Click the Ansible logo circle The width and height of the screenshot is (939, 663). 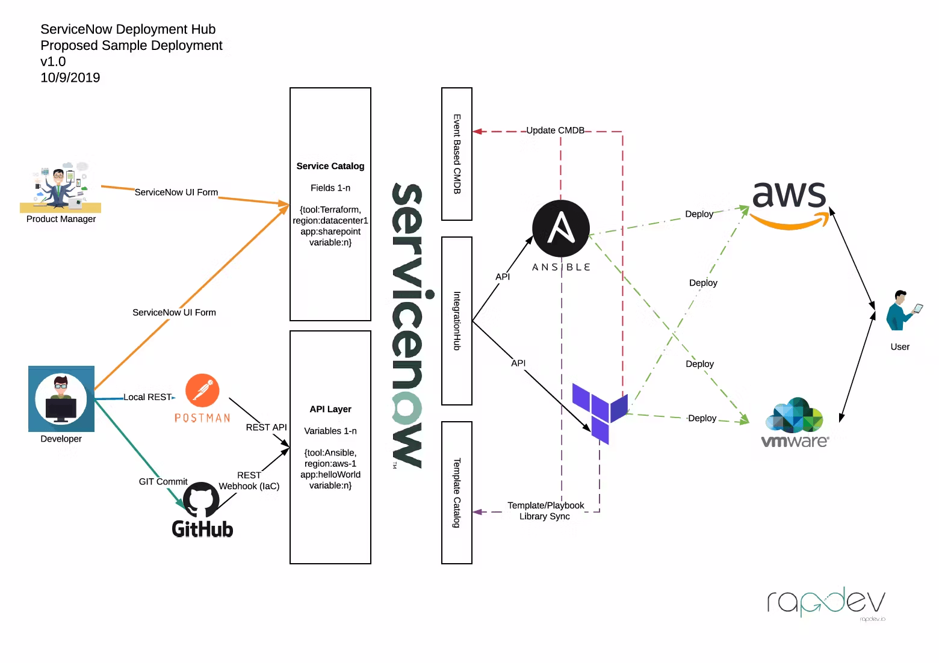click(560, 229)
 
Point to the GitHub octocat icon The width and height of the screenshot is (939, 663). click(201, 500)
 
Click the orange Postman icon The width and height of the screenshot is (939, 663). click(202, 390)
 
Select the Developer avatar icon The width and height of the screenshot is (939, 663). click(61, 399)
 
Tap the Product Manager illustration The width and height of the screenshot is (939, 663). click(60, 187)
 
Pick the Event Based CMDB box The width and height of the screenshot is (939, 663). click(457, 154)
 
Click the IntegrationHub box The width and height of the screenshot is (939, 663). click(457, 321)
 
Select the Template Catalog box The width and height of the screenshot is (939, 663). click(457, 493)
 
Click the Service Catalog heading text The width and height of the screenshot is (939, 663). click(330, 166)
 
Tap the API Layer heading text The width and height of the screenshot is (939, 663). click(330, 409)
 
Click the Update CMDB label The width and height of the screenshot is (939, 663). click(555, 131)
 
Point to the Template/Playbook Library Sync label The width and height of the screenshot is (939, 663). click(545, 511)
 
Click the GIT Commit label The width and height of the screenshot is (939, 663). click(163, 482)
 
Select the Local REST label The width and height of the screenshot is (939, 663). click(147, 397)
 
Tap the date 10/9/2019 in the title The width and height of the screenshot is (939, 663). click(70, 78)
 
